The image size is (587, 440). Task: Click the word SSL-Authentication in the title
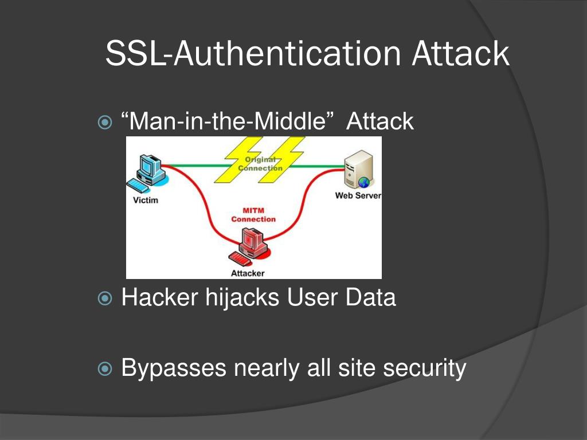(x=253, y=54)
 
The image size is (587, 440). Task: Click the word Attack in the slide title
(x=460, y=54)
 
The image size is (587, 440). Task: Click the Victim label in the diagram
(x=145, y=200)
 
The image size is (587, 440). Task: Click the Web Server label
(x=358, y=196)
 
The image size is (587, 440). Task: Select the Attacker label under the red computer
(x=248, y=273)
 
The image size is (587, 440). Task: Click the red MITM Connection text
(x=253, y=215)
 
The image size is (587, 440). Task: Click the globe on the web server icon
(x=363, y=182)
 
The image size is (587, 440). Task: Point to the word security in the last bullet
(x=425, y=368)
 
